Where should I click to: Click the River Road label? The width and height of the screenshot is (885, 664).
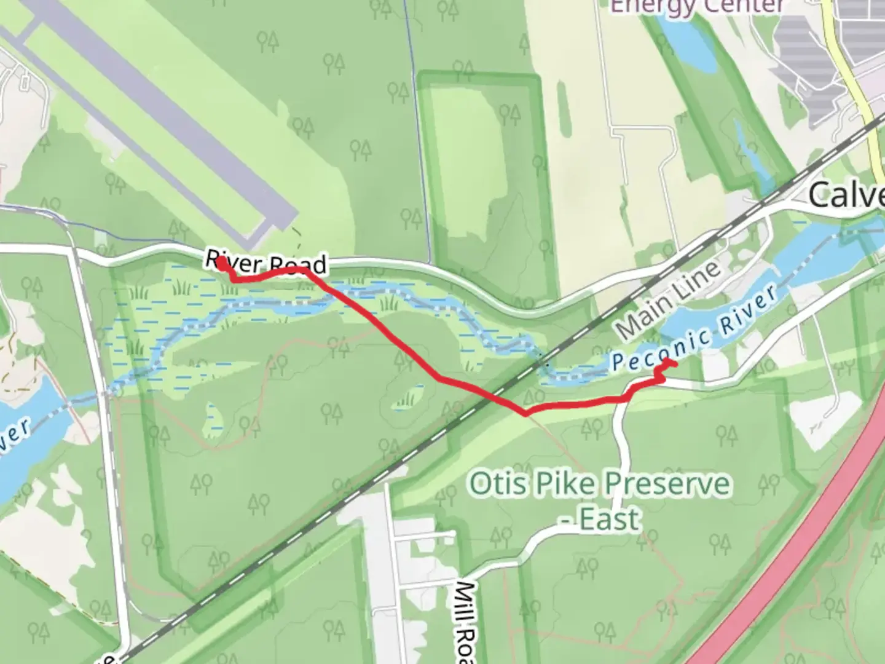(x=265, y=263)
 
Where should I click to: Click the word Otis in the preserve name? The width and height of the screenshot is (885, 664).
(x=497, y=484)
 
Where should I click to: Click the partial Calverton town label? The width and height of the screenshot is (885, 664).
(x=847, y=196)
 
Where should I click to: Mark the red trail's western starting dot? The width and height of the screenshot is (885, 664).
(x=221, y=262)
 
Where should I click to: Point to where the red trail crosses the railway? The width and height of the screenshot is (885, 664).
(x=497, y=396)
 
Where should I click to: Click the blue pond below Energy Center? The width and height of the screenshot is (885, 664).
(x=688, y=43)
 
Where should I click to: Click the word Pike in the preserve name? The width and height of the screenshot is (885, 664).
(x=560, y=484)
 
